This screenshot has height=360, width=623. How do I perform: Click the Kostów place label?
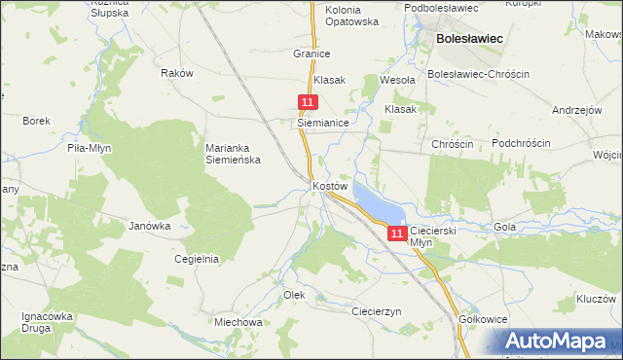click(330, 185)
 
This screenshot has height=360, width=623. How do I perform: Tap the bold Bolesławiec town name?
click(469, 38)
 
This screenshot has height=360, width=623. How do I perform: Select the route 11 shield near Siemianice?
click(308, 102)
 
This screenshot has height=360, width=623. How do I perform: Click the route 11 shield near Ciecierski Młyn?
click(397, 234)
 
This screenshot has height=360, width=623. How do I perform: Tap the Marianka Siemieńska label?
click(232, 154)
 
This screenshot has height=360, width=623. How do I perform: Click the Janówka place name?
click(150, 225)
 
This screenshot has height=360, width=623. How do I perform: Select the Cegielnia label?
click(196, 259)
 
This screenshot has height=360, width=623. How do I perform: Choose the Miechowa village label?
click(238, 321)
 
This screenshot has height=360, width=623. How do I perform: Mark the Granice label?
click(311, 54)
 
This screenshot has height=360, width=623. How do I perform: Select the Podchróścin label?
click(521, 143)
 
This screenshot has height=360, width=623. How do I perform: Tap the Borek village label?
click(36, 121)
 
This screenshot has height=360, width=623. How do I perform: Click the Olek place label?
click(294, 294)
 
